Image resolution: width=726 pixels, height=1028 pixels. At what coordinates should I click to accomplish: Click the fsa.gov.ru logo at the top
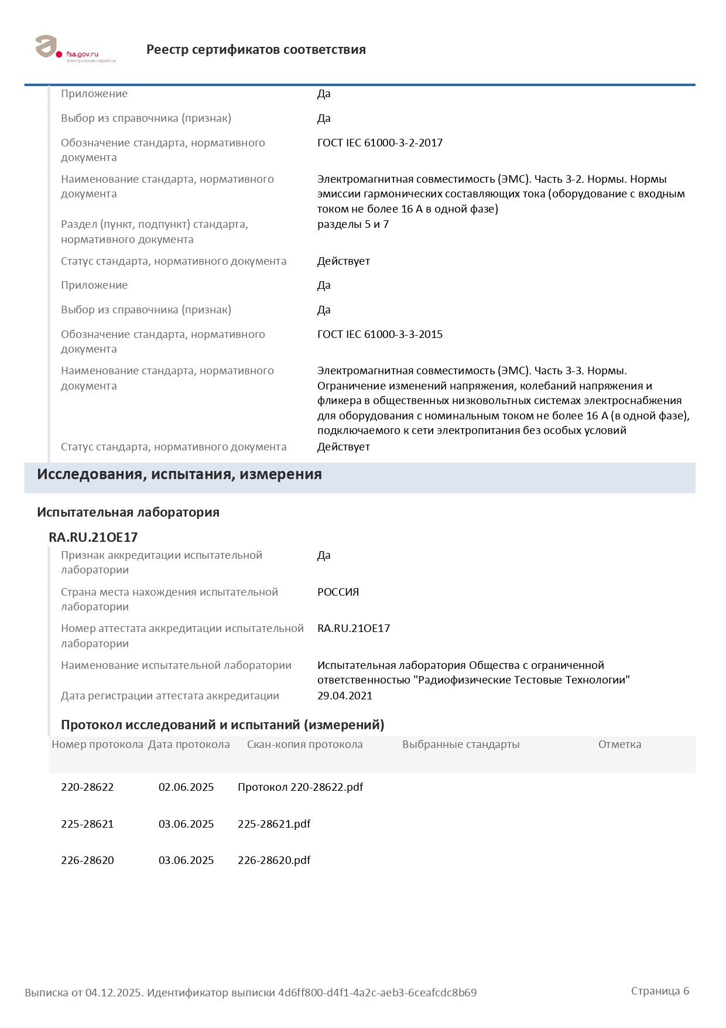pos(74,49)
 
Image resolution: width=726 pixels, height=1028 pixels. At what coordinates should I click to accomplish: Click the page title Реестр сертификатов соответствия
pos(256,50)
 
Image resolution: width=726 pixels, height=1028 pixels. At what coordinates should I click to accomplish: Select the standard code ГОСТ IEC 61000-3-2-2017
pos(379,143)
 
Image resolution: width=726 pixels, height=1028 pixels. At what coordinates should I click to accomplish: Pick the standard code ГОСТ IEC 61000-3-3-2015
pos(379,334)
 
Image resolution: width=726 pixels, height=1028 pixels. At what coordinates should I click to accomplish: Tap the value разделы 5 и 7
pos(352,224)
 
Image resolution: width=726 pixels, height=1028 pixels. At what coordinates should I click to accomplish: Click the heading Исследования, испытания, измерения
pos(179,474)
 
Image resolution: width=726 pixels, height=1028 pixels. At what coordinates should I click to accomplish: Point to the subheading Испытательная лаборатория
pos(128,513)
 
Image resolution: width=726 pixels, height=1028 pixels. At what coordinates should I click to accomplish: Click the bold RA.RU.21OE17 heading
pos(93,537)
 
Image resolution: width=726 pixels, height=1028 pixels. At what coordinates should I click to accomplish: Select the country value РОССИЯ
pos(338,592)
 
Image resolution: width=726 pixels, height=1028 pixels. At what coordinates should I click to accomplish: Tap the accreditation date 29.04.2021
pos(344,696)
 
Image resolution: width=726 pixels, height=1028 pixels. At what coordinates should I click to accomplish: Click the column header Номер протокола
pos(97,744)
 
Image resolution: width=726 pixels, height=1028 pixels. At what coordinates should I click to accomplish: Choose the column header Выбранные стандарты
pos(461,744)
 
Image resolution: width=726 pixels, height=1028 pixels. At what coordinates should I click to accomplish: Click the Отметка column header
pos(619,744)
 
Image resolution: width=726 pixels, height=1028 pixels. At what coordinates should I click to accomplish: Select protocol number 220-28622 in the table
pos(87,787)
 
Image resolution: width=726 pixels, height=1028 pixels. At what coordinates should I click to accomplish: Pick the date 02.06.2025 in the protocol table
pos(186,787)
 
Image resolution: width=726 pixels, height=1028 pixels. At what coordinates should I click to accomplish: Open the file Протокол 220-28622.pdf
pos(300,787)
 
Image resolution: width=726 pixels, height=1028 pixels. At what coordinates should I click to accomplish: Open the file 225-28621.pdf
pos(274,824)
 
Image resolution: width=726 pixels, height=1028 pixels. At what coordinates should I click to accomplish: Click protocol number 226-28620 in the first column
pos(87,860)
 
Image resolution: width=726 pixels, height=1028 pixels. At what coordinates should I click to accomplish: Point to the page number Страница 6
pos(660,991)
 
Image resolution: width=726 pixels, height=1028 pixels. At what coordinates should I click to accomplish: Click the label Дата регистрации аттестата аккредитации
pos(170,696)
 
